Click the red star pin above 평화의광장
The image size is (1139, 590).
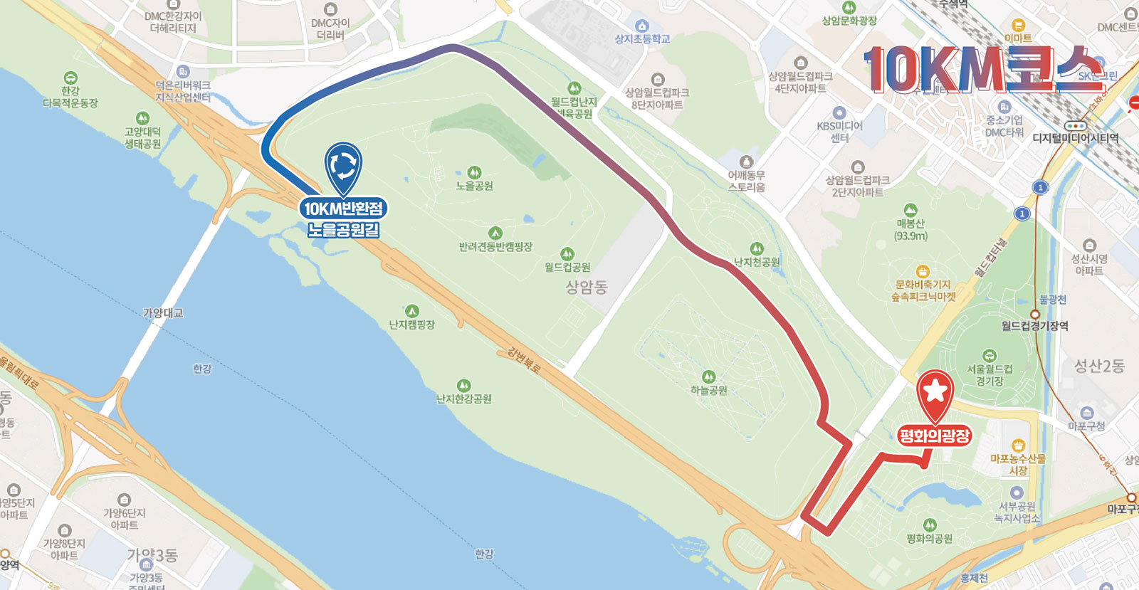click(935, 392)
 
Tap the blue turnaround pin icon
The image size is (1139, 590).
click(343, 165)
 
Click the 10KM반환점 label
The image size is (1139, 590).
click(343, 209)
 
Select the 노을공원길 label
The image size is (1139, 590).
click(343, 230)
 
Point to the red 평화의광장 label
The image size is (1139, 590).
click(935, 436)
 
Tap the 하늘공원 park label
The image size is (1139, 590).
click(709, 390)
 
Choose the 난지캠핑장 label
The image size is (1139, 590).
click(411, 325)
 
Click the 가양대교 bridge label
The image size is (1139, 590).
click(163, 312)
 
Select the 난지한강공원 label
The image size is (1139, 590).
click(464, 399)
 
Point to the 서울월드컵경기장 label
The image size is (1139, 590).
click(990, 374)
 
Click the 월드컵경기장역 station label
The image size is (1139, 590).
click(1034, 326)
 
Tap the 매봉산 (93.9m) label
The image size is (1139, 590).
click(910, 229)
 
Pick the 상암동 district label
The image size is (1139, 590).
click(587, 287)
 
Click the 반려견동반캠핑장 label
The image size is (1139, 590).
click(495, 247)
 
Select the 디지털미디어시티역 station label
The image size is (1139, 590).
click(1075, 138)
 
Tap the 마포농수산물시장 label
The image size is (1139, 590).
click(1018, 464)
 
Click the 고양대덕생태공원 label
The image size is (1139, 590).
click(142, 137)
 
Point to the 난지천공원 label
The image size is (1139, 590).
click(757, 262)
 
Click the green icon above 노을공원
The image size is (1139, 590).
click(474, 172)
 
